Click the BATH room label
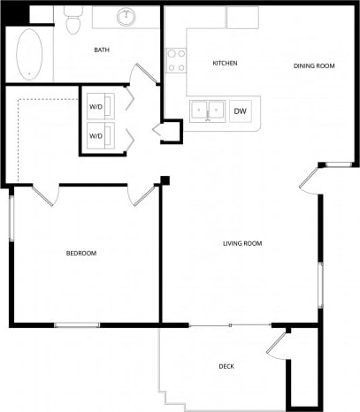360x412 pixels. [x=102, y=50]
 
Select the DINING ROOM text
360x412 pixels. [x=313, y=65]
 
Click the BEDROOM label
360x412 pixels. [x=81, y=254]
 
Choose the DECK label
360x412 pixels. [x=227, y=366]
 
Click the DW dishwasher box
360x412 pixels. [x=240, y=111]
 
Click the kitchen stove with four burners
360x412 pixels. [x=177, y=59]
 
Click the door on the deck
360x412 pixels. [x=277, y=344]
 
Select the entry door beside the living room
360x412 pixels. [x=310, y=178]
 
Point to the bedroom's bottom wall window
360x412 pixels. [x=77, y=325]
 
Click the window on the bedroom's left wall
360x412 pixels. [x=11, y=217]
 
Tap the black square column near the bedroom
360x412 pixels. [x=164, y=181]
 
